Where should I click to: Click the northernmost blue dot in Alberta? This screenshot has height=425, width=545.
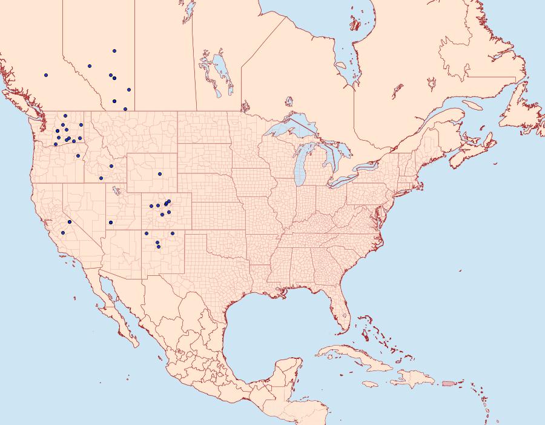point(114,51)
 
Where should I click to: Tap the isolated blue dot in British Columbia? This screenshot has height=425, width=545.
point(45,75)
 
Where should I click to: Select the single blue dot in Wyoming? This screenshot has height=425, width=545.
point(159,174)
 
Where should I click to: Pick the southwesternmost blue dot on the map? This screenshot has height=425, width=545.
point(62,233)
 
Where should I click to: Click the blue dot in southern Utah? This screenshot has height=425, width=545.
point(111,223)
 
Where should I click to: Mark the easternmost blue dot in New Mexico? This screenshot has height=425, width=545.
point(173,233)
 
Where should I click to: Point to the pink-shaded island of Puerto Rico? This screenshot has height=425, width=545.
point(448,383)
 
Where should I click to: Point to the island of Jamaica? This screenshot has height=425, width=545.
point(371,384)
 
